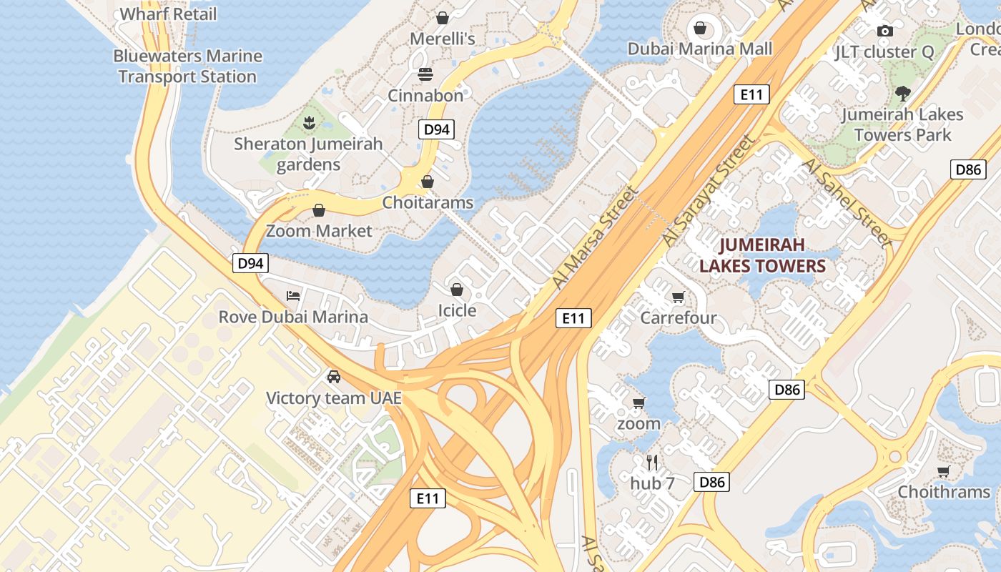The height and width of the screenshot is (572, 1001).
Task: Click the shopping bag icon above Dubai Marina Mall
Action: [x=700, y=29]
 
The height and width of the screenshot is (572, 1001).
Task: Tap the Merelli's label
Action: [x=443, y=39]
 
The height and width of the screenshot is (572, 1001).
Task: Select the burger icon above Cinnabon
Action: [x=425, y=74]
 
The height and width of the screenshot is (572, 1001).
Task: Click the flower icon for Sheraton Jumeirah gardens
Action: [x=309, y=122]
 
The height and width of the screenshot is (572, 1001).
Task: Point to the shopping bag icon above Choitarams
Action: [x=428, y=182]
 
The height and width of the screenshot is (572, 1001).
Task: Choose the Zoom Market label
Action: [x=319, y=231]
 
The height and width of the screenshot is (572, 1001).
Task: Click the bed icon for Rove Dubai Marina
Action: [x=293, y=296]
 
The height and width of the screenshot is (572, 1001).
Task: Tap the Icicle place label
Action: [x=457, y=310]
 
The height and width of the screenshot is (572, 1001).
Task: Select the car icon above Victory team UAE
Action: [x=334, y=377]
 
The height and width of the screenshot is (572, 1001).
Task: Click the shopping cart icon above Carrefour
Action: [x=678, y=297]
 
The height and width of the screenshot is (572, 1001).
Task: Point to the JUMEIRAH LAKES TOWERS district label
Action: [x=762, y=256]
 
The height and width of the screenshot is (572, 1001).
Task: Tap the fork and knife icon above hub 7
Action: [x=652, y=463]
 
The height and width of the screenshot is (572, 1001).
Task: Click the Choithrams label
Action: [x=944, y=492]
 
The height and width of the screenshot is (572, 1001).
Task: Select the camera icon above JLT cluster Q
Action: [x=885, y=31]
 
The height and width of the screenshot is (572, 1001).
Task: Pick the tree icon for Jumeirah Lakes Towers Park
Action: [x=902, y=93]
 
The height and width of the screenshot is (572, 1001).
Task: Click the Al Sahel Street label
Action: [x=848, y=203]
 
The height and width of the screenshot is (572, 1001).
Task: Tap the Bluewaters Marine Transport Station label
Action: [x=187, y=66]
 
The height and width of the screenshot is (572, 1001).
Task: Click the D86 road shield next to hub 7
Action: [x=712, y=482]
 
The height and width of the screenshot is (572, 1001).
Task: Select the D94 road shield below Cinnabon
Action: [x=436, y=129]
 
